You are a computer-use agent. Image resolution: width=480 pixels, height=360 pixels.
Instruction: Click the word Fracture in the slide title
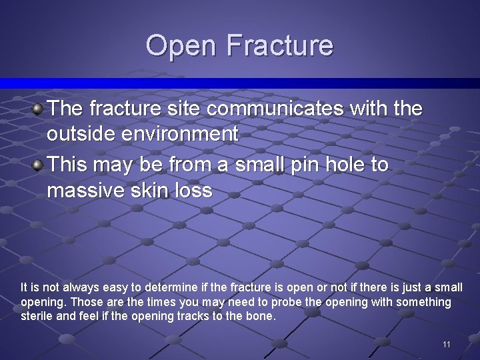point(279,46)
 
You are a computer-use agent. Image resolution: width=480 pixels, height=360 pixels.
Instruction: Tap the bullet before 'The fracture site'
point(39,107)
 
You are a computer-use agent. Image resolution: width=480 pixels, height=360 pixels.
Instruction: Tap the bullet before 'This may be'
point(39,163)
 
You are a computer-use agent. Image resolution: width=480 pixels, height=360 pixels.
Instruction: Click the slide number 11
point(447,344)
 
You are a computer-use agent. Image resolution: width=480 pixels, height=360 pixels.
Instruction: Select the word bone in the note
point(260,316)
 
